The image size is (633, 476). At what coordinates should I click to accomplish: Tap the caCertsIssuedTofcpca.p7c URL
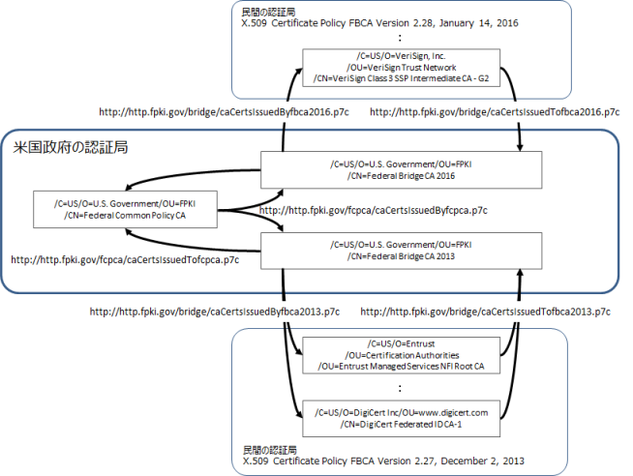pyautogui.click(x=126, y=259)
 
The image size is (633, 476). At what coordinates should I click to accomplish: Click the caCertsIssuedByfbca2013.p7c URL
pyautogui.click(x=214, y=312)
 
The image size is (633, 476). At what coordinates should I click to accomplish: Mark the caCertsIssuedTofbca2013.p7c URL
pyautogui.click(x=485, y=312)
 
